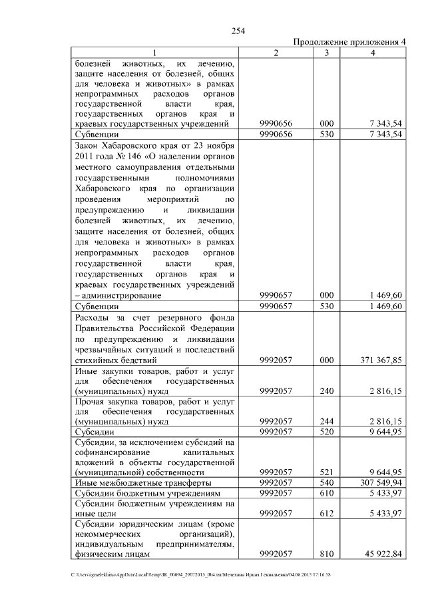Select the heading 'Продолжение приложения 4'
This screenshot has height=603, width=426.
[349, 42]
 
